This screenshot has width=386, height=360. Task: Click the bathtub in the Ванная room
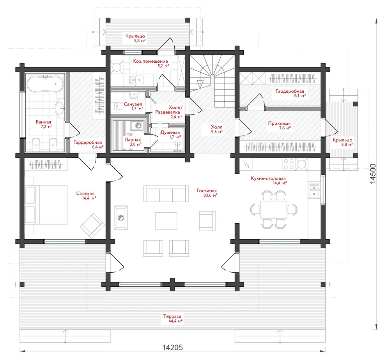[x=45, y=84]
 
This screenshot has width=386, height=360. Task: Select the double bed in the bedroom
[x=51, y=205]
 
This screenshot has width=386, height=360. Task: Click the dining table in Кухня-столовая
[x=274, y=209]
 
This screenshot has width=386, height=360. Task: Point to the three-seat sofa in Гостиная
[x=165, y=194]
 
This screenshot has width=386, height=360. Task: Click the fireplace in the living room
[x=121, y=217]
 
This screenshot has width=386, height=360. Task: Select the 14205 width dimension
[x=173, y=348]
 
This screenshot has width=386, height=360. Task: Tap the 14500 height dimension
[x=373, y=174]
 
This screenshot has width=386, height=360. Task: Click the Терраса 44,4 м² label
[x=172, y=318]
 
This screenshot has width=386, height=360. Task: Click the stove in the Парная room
[x=137, y=126]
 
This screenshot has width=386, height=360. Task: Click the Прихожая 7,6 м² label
[x=279, y=125]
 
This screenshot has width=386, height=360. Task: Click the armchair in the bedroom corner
[x=92, y=226]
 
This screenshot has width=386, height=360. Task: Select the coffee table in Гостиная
[x=166, y=221]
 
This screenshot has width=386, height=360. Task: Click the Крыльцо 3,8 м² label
[x=342, y=142]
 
